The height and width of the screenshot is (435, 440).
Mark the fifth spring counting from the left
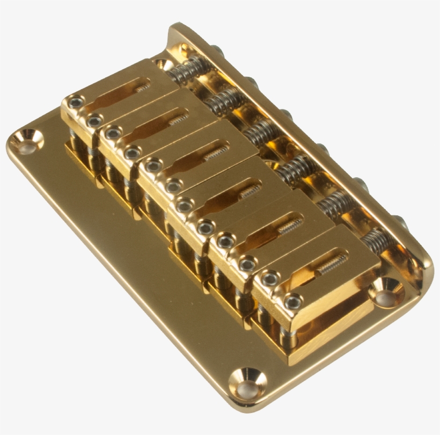click(333, 205)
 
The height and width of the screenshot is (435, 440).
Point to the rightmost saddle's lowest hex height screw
click(292, 302)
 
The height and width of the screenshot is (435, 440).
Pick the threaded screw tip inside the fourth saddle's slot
click(249, 191)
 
